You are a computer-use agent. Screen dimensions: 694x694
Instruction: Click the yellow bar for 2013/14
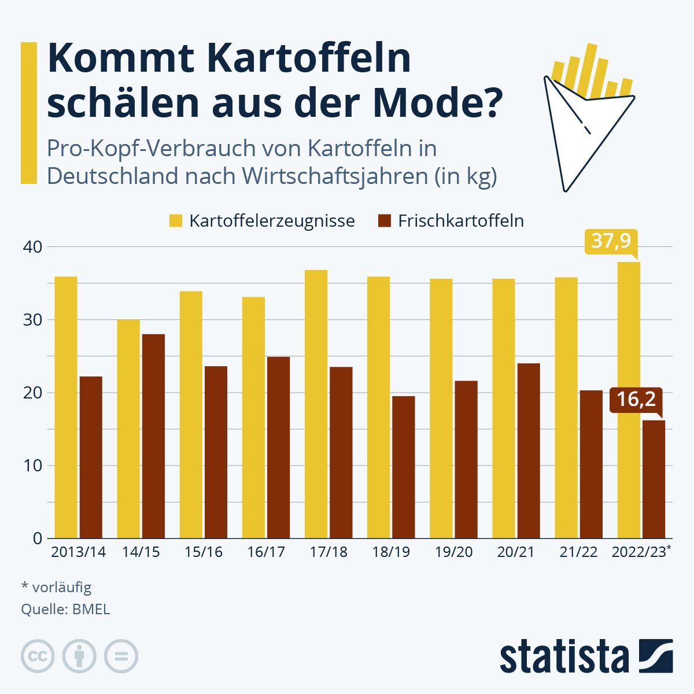(x=65, y=407)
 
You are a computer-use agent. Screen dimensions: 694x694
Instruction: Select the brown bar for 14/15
(x=153, y=436)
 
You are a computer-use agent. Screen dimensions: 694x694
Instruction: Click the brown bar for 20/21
(x=529, y=451)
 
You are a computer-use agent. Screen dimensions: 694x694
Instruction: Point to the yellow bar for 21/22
(x=566, y=408)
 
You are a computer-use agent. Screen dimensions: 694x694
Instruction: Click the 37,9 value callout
(x=611, y=241)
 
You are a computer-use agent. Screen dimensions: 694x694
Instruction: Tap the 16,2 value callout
(x=636, y=400)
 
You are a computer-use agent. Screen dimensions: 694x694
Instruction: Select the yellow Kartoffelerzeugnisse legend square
(x=176, y=221)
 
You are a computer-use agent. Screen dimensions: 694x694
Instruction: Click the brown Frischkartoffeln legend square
(x=385, y=221)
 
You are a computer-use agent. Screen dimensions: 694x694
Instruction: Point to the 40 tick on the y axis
(x=34, y=247)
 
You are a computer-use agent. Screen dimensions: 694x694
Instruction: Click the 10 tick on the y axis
(x=34, y=466)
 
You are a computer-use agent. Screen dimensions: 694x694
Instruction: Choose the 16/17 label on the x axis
(x=266, y=552)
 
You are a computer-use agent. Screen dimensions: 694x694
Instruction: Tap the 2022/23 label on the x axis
(x=639, y=552)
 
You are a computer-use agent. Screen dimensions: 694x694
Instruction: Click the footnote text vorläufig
(x=62, y=588)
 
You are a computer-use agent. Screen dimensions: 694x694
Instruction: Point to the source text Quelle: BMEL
(x=65, y=609)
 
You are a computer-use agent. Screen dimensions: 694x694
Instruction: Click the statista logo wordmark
(x=564, y=657)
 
